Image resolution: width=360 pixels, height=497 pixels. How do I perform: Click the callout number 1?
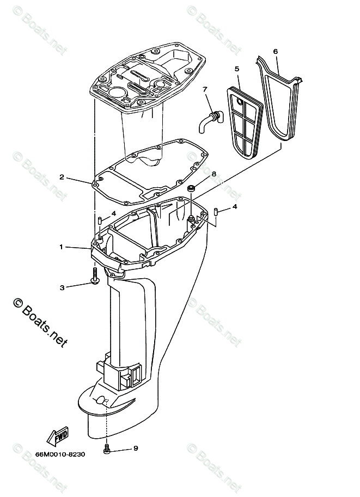62,247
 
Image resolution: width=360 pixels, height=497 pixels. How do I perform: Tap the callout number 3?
62,287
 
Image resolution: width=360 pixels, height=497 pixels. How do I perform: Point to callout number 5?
237,69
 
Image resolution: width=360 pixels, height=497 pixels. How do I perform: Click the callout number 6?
276,52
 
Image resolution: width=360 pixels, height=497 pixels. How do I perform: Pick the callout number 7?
205,89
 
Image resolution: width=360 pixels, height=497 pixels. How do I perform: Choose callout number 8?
213,174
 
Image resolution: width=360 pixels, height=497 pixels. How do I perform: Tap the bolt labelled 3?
95,275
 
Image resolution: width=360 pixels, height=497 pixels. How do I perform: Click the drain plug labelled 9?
107,450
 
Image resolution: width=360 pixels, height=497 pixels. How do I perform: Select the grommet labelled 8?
192,189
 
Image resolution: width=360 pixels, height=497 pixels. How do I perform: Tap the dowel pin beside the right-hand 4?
216,211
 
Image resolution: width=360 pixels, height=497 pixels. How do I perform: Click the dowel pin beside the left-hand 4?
100,220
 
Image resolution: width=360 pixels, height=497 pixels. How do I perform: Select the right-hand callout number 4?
234,207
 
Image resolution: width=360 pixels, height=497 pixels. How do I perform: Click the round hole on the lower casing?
100,401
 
